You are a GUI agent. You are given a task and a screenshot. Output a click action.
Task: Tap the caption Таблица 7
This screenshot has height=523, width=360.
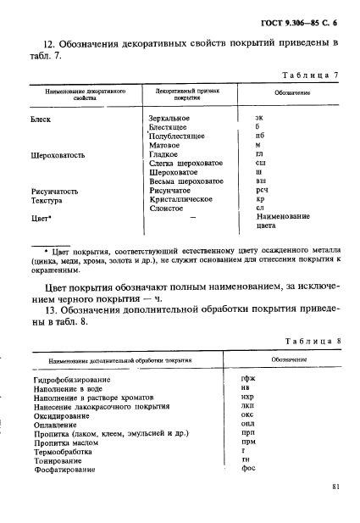coord(311,75)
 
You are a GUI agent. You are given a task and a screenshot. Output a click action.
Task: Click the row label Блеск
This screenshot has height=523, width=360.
coord(41,119)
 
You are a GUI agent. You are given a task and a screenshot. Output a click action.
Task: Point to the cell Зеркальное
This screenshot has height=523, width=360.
coord(169,119)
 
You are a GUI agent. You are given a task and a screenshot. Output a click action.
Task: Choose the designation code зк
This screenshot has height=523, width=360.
coord(259,119)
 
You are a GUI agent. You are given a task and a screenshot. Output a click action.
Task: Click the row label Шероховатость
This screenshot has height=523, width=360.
coord(57,155)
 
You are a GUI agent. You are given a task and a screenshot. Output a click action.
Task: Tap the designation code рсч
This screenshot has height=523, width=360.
coord(261,192)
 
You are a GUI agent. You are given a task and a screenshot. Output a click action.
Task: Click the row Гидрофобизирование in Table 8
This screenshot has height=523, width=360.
coord(72,380)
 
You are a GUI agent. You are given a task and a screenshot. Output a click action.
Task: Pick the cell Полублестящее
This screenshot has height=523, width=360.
coord(178,136)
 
